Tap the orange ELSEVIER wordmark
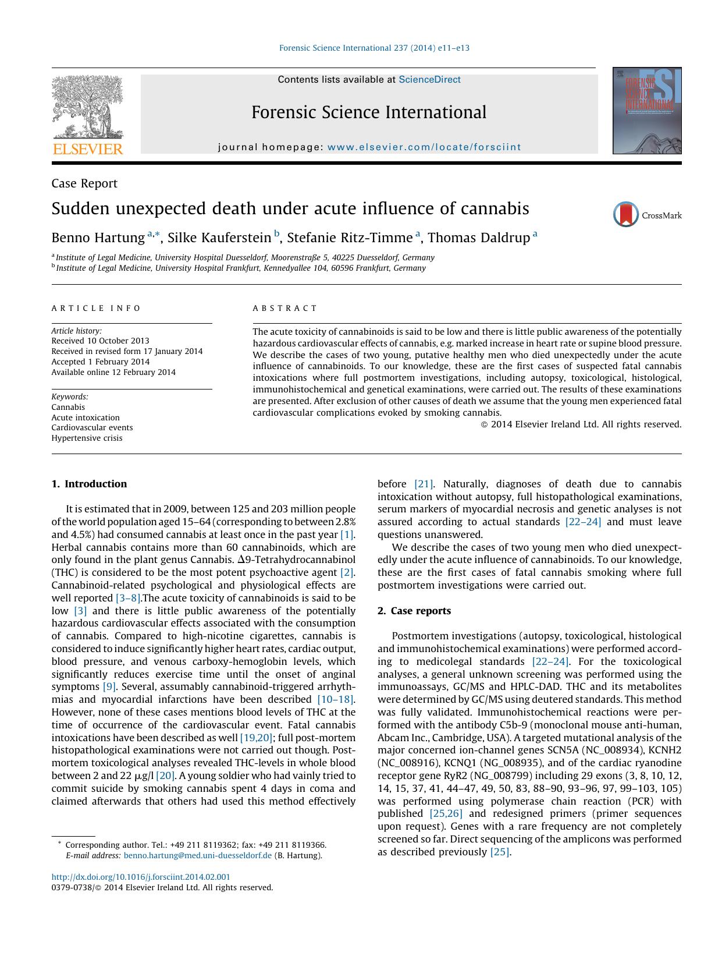click(x=88, y=149)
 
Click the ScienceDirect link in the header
click(x=429, y=80)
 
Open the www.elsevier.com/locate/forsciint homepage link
click(x=424, y=147)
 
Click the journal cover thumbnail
click(x=646, y=111)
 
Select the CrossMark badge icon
click(x=626, y=215)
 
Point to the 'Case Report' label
click(x=84, y=183)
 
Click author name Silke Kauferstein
click(x=219, y=238)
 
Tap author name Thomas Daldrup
click(x=478, y=238)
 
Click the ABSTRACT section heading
click(x=285, y=309)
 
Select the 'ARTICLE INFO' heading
click(x=96, y=309)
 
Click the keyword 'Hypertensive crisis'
click(x=87, y=438)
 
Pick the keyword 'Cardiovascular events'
click(x=92, y=427)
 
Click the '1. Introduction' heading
click(x=89, y=484)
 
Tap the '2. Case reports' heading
click(x=414, y=611)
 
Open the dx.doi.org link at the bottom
click(x=141, y=877)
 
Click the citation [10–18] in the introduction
click(x=335, y=699)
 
